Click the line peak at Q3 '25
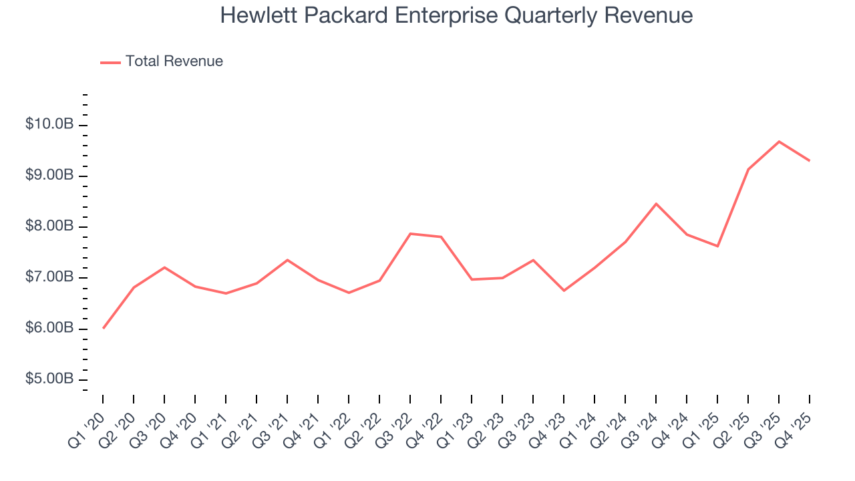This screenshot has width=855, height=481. click(x=779, y=142)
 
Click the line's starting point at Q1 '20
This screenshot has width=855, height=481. click(x=104, y=328)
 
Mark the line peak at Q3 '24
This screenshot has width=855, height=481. click(x=656, y=204)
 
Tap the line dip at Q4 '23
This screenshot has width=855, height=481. click(x=564, y=291)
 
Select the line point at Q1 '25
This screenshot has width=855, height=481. click(x=717, y=247)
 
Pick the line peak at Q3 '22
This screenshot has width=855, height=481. click(x=410, y=234)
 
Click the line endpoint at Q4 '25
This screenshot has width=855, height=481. click(x=810, y=161)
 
